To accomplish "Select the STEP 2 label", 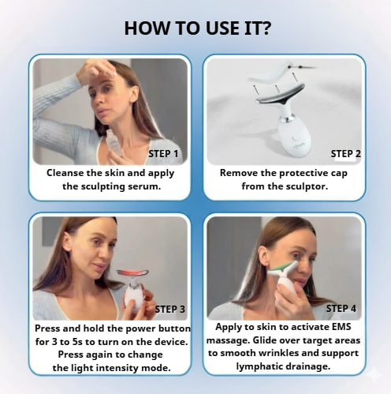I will (346, 153).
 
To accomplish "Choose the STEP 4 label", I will (341, 308).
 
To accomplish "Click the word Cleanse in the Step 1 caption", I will (69, 172).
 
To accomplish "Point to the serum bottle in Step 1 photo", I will (114, 144).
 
